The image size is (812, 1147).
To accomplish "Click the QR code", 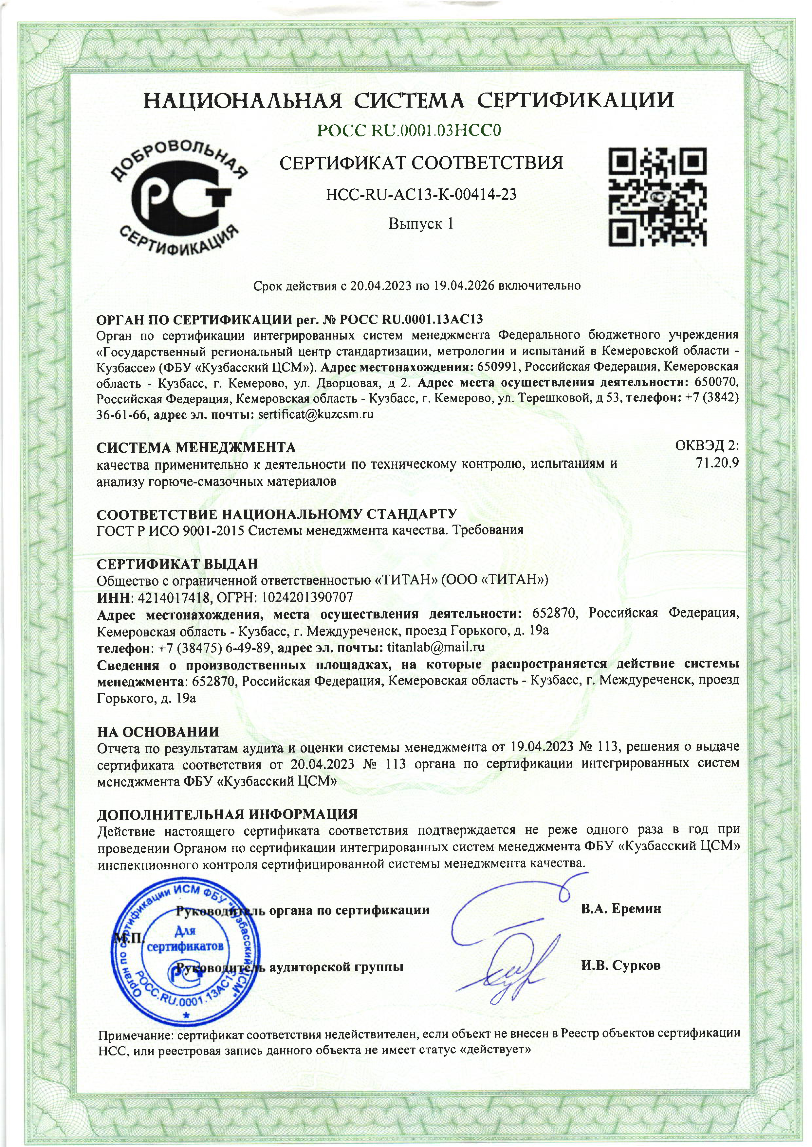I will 657,197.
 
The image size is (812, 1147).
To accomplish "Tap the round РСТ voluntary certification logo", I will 179,199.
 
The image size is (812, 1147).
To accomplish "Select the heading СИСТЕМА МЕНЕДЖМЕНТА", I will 196,447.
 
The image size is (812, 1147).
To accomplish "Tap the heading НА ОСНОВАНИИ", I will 158,732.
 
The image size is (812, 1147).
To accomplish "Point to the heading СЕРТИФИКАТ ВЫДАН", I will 177,564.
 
